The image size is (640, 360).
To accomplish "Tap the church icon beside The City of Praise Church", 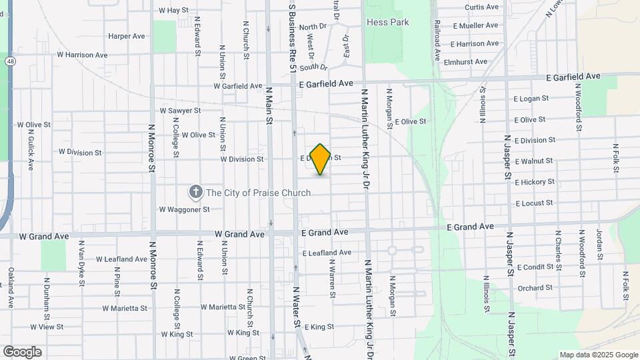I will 196,193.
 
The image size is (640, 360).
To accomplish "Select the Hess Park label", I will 388,22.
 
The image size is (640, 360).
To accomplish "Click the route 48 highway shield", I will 9,61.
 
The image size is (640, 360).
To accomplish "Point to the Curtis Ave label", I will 481,7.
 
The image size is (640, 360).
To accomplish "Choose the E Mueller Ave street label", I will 475,26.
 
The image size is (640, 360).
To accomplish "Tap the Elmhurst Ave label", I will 469,62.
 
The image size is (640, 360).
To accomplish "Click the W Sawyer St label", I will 180,111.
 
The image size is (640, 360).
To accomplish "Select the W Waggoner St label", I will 184,209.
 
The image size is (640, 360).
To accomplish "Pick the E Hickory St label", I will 534,182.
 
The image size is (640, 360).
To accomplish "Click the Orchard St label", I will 535,289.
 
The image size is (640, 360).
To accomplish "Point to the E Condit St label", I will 534,267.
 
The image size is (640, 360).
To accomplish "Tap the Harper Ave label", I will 127,36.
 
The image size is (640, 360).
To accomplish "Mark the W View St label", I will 47,327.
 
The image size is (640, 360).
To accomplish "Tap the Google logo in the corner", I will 22,351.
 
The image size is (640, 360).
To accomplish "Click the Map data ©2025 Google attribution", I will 599,355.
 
